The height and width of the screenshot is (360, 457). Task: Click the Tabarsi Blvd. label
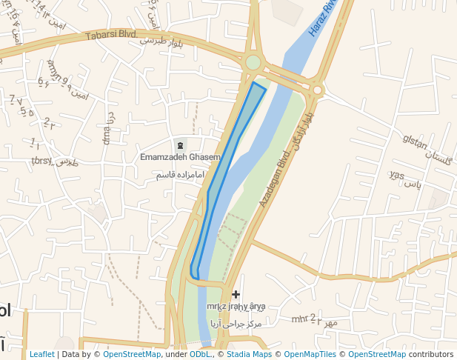click(x=111, y=34)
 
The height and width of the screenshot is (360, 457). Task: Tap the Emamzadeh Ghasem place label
click(x=181, y=157)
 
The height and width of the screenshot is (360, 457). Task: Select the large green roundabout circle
click(x=253, y=62)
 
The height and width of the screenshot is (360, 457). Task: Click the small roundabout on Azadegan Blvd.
click(x=318, y=90)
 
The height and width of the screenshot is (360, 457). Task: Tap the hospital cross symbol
click(x=236, y=294)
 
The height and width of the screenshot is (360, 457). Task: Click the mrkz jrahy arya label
click(x=236, y=306)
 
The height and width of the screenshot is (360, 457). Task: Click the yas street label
click(x=396, y=175)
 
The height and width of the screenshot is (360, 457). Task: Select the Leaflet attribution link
click(x=41, y=354)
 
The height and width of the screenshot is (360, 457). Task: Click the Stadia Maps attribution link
click(x=248, y=354)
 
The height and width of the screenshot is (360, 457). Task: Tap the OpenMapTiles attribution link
click(x=310, y=354)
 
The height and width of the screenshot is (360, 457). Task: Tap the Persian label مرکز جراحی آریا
click(x=236, y=324)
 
